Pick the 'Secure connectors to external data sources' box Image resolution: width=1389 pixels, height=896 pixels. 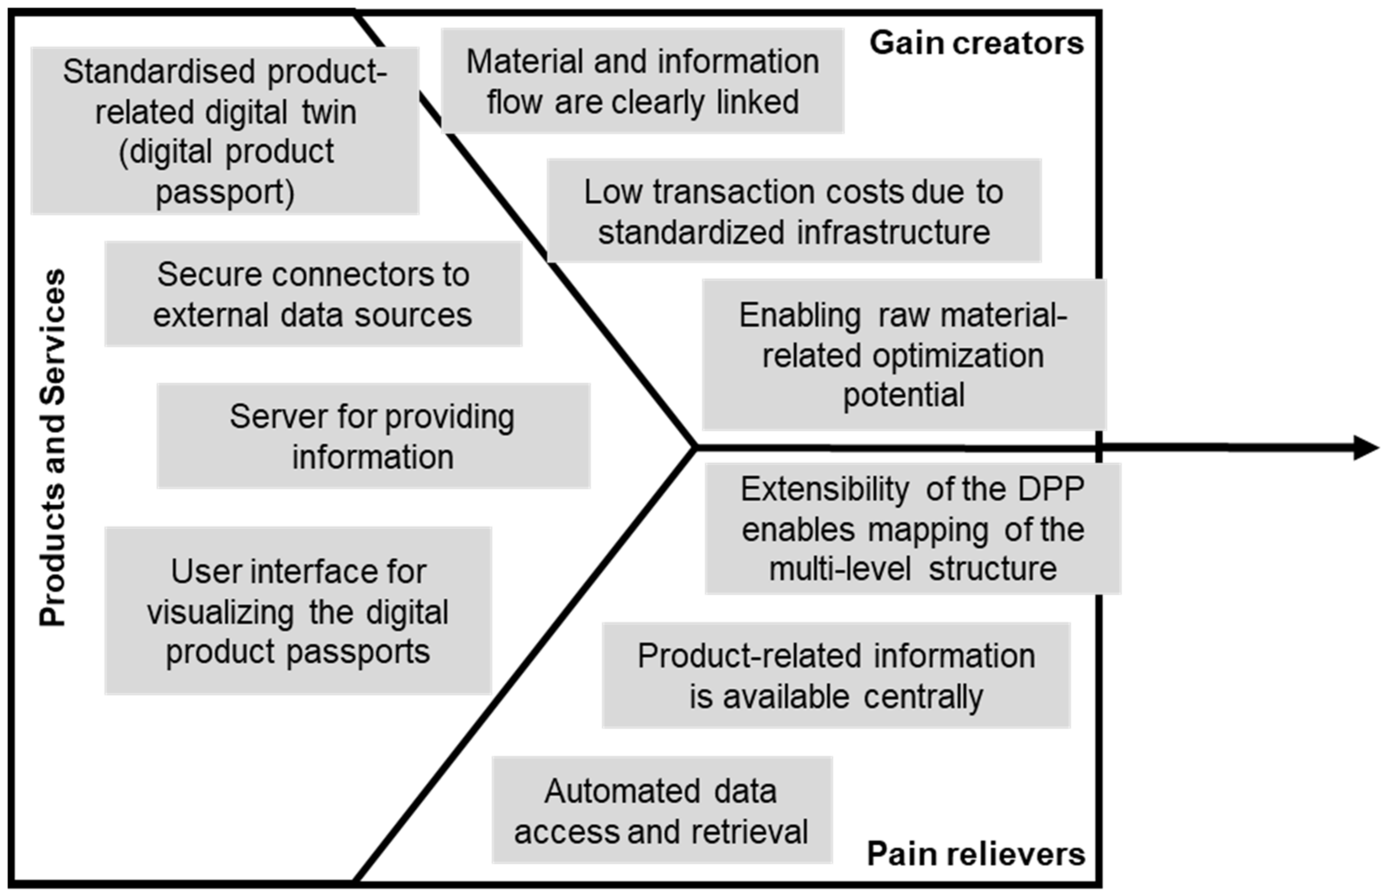click(313, 295)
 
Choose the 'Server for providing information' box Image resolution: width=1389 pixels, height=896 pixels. click(373, 436)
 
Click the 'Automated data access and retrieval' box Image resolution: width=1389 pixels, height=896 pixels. click(662, 810)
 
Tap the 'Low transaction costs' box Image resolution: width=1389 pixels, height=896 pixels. click(794, 211)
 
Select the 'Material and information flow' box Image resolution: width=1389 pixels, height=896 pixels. click(642, 81)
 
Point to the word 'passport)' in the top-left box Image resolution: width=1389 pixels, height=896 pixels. click(225, 192)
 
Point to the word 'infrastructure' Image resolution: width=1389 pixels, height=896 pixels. click(894, 233)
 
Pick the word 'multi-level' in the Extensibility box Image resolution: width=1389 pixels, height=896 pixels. click(840, 569)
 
